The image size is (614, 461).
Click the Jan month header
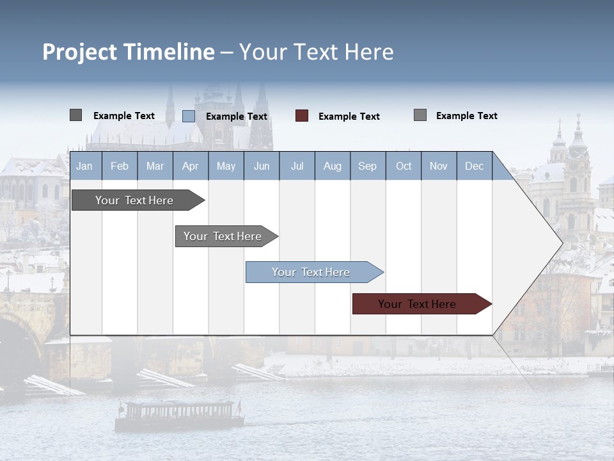(84, 166)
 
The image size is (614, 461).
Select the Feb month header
(120, 166)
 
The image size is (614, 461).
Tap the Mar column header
(155, 166)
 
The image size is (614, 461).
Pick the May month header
(226, 166)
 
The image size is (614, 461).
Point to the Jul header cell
(297, 166)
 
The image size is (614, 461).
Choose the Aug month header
(332, 166)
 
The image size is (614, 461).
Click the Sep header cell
(367, 166)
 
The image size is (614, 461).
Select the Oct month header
(404, 166)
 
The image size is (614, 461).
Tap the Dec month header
(474, 166)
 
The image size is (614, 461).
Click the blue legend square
(189, 116)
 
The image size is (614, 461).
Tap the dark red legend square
(302, 116)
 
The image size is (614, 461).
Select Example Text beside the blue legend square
(237, 117)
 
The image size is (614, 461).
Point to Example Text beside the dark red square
(349, 117)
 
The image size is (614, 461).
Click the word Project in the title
(80, 52)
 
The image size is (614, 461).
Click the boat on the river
(179, 415)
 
